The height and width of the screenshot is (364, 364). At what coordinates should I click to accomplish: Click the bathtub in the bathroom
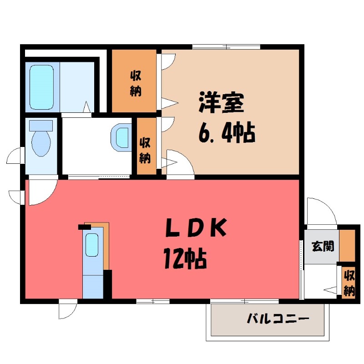[41, 87]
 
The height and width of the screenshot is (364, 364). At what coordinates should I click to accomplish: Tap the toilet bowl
[41, 141]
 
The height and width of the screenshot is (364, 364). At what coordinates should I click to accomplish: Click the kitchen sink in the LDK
[93, 246]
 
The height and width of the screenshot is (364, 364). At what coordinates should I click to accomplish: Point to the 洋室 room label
[221, 104]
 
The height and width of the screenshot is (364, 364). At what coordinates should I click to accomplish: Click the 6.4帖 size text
[226, 132]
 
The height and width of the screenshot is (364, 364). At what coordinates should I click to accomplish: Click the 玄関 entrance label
[323, 246]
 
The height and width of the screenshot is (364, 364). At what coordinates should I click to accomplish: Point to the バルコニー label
[278, 318]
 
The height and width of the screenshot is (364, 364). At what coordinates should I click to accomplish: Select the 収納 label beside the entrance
[349, 283]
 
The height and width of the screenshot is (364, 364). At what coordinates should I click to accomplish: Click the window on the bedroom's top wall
[226, 46]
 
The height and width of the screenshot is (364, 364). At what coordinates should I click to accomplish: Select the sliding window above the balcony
[245, 301]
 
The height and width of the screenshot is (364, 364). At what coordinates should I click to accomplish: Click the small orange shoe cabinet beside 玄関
[348, 246]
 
